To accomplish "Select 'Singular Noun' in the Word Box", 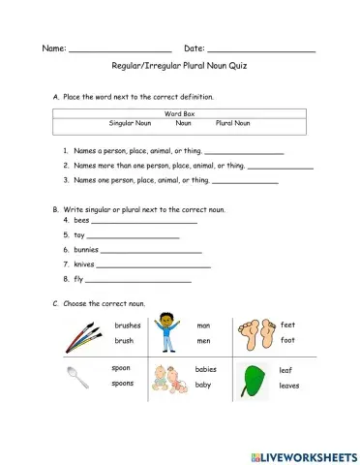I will pyautogui.click(x=131, y=123).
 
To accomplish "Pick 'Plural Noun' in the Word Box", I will pyautogui.click(x=232, y=123).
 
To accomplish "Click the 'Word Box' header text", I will pyautogui.click(x=180, y=114).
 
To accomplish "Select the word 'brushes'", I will pyautogui.click(x=127, y=325).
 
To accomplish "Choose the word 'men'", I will pyautogui.click(x=203, y=341).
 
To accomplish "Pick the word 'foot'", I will pyautogui.click(x=287, y=341).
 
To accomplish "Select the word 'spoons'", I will pyautogui.click(x=123, y=384).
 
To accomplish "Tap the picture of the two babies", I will pyautogui.click(x=168, y=377).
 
